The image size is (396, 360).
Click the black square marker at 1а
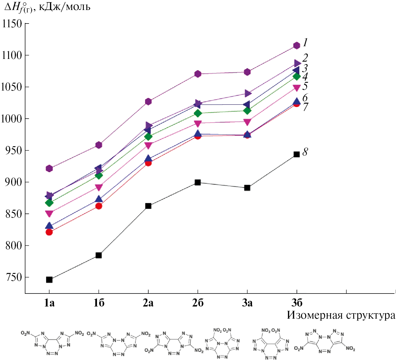pos(49,280)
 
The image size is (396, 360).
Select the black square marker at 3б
pos(297,154)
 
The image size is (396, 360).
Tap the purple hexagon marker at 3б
pos(297,45)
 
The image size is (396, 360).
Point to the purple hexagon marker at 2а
pos(148,102)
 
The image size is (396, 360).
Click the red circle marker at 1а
pos(49,232)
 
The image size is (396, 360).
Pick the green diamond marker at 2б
pos(198,113)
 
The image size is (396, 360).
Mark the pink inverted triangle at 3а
pos(247,122)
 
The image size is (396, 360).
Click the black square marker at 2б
pos(198,182)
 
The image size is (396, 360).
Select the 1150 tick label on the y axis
pos(12,24)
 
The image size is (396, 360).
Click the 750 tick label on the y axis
pos(14,277)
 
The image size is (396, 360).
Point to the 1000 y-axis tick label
pos(12,119)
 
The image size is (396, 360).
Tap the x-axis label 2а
pos(148,303)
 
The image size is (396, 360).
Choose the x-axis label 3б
pos(297,303)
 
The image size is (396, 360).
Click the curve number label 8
pos(305,152)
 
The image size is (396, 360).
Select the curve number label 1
pos(305,42)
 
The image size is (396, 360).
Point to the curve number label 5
pos(305,86)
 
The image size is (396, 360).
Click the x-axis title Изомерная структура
pos(341,315)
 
